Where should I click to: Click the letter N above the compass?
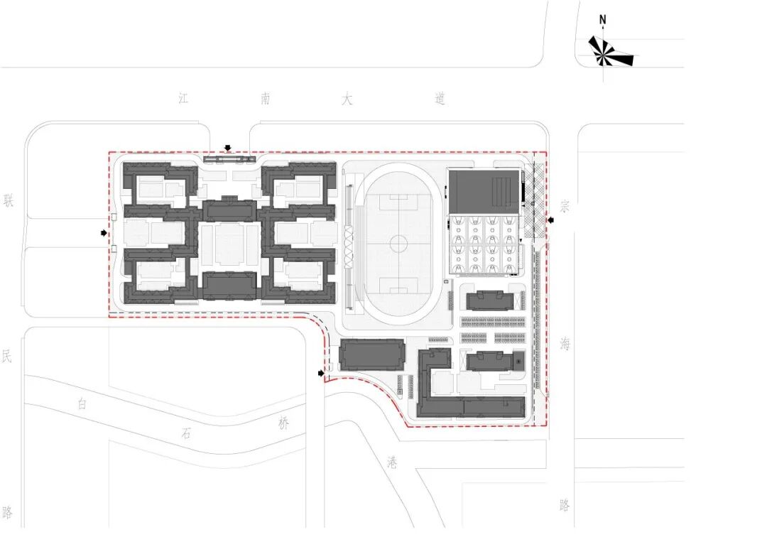(x=603, y=20)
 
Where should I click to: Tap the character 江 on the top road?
(x=185, y=99)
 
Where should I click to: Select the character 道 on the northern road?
(x=440, y=99)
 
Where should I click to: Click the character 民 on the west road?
(x=7, y=356)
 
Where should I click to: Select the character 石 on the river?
(x=186, y=434)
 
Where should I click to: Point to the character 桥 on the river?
(x=284, y=424)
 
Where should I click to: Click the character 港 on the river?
(x=391, y=462)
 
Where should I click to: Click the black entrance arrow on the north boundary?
(x=227, y=148)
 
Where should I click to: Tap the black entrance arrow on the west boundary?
(x=104, y=232)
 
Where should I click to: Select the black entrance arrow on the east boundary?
(x=550, y=221)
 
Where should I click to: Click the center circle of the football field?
(x=398, y=245)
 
